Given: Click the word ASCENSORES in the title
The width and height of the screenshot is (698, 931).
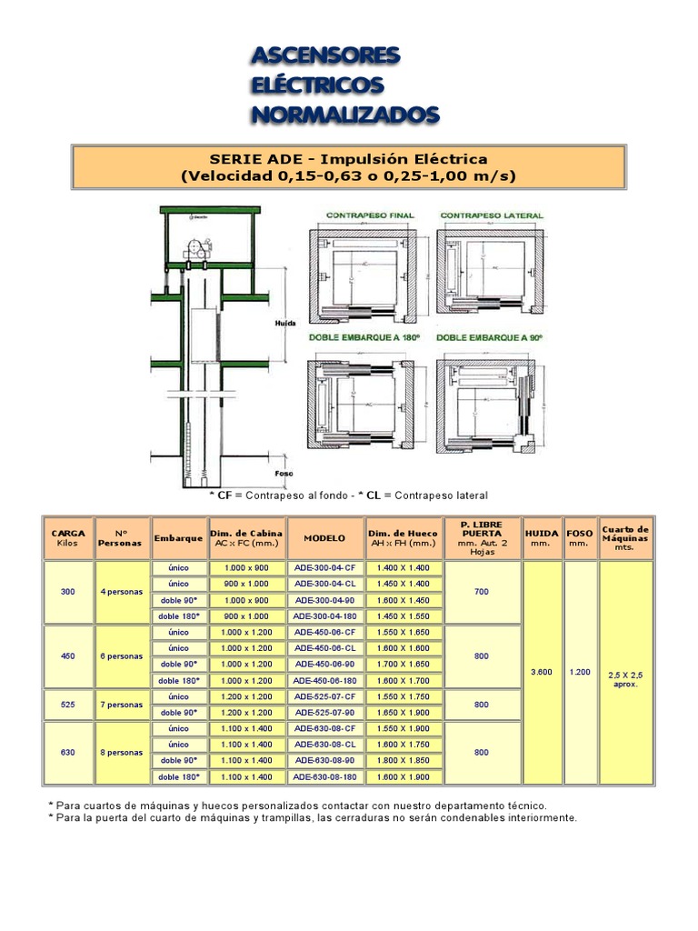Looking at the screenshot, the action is click(325, 56).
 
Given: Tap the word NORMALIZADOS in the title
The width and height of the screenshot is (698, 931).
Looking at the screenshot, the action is click(344, 115).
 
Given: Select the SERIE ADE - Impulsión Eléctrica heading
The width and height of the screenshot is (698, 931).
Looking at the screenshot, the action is click(348, 157).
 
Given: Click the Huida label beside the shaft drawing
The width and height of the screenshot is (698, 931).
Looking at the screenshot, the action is click(285, 323).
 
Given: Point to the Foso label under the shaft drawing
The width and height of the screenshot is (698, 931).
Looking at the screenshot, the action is click(285, 475).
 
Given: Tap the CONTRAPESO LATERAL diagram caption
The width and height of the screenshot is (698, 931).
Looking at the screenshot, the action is click(492, 215).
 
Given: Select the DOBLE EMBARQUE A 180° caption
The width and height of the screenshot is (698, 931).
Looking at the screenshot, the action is click(364, 337).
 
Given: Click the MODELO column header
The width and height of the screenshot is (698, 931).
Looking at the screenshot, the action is click(324, 537).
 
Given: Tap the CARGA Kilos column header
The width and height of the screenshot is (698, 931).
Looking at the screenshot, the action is click(68, 537).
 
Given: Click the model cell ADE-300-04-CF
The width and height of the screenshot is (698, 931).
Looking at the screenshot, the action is click(324, 567).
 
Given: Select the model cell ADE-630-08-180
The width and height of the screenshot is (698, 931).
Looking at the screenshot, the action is click(324, 776).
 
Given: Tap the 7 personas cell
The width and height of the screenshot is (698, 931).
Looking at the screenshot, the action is click(122, 705).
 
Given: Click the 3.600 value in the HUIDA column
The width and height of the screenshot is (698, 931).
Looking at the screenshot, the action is click(541, 672).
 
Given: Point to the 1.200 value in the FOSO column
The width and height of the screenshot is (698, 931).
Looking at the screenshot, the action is click(579, 672).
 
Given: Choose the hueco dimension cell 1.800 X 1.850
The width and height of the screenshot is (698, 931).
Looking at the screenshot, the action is click(404, 760).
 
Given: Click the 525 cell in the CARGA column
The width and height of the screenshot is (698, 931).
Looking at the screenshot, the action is click(68, 705).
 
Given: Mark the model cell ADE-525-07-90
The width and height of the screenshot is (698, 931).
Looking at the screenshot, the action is click(324, 712).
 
